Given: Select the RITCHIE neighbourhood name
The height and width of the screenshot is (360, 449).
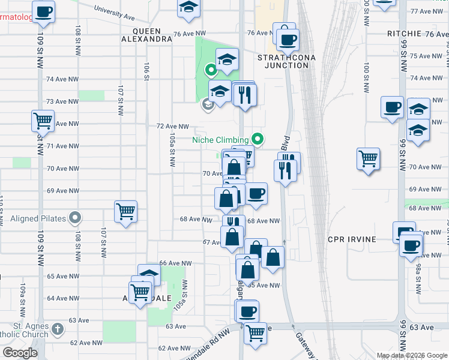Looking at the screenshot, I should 405,34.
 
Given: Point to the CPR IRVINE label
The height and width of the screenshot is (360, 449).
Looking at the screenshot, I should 352,239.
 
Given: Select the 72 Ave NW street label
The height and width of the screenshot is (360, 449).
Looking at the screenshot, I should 172,127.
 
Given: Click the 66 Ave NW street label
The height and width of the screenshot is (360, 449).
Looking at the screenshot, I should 175,263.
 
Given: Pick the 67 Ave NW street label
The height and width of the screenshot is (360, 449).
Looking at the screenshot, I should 214,242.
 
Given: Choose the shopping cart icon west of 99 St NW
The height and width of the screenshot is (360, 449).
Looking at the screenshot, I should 368,158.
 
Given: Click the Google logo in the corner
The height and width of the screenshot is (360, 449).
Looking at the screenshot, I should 20,353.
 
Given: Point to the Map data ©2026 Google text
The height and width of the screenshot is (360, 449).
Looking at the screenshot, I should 411,355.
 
